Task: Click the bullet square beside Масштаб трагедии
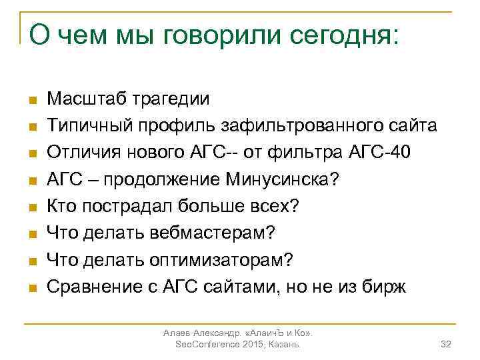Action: (31, 101)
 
